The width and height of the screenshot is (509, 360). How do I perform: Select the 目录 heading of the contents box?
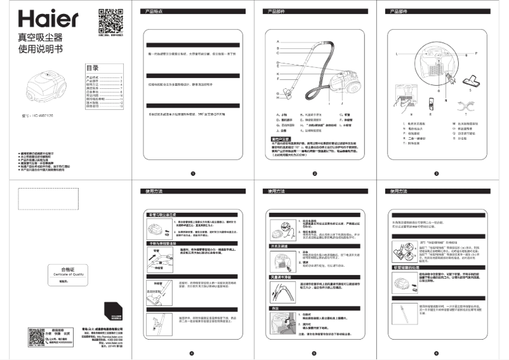pos(93,68)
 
